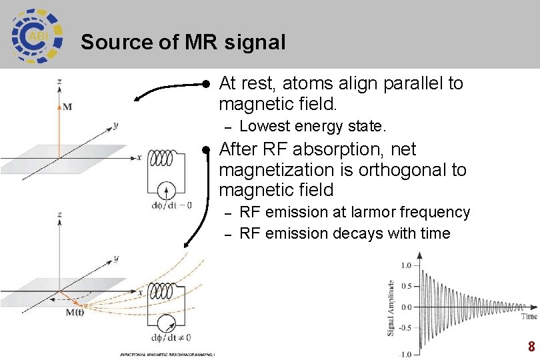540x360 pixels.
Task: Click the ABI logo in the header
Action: click(37, 35)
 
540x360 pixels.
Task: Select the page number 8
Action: click(531, 347)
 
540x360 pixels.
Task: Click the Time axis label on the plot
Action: click(529, 316)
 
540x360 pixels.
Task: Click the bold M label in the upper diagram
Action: click(67, 105)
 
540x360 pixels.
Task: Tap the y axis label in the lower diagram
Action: click(115, 258)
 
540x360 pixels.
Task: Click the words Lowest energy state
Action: click(313, 126)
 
